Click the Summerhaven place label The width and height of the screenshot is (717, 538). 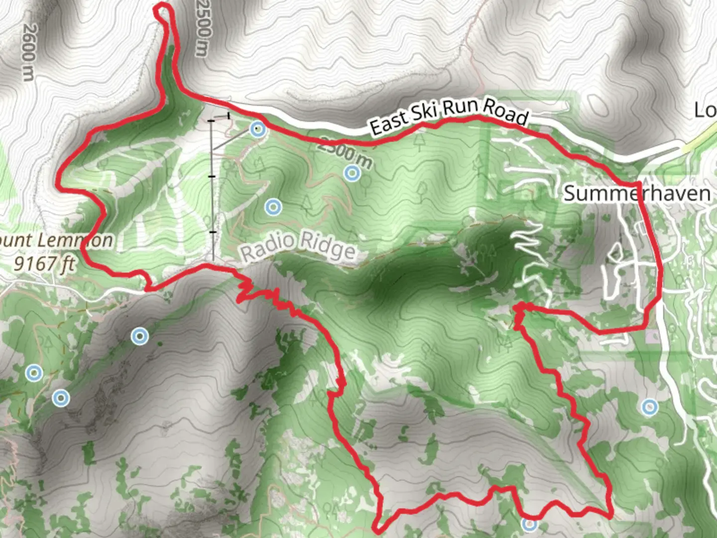[637, 193]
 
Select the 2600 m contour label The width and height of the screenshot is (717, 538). [28, 53]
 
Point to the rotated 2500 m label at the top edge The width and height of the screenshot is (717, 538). [204, 27]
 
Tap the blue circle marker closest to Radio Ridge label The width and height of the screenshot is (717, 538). [273, 207]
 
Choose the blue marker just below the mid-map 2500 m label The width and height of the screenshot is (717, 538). [353, 173]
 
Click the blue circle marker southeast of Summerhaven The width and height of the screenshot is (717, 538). [649, 407]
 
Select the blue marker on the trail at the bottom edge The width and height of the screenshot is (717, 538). [530, 524]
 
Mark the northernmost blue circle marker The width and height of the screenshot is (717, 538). [257, 130]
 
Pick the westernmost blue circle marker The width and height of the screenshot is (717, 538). [34, 372]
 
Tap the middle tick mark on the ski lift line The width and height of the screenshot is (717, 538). [213, 176]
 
